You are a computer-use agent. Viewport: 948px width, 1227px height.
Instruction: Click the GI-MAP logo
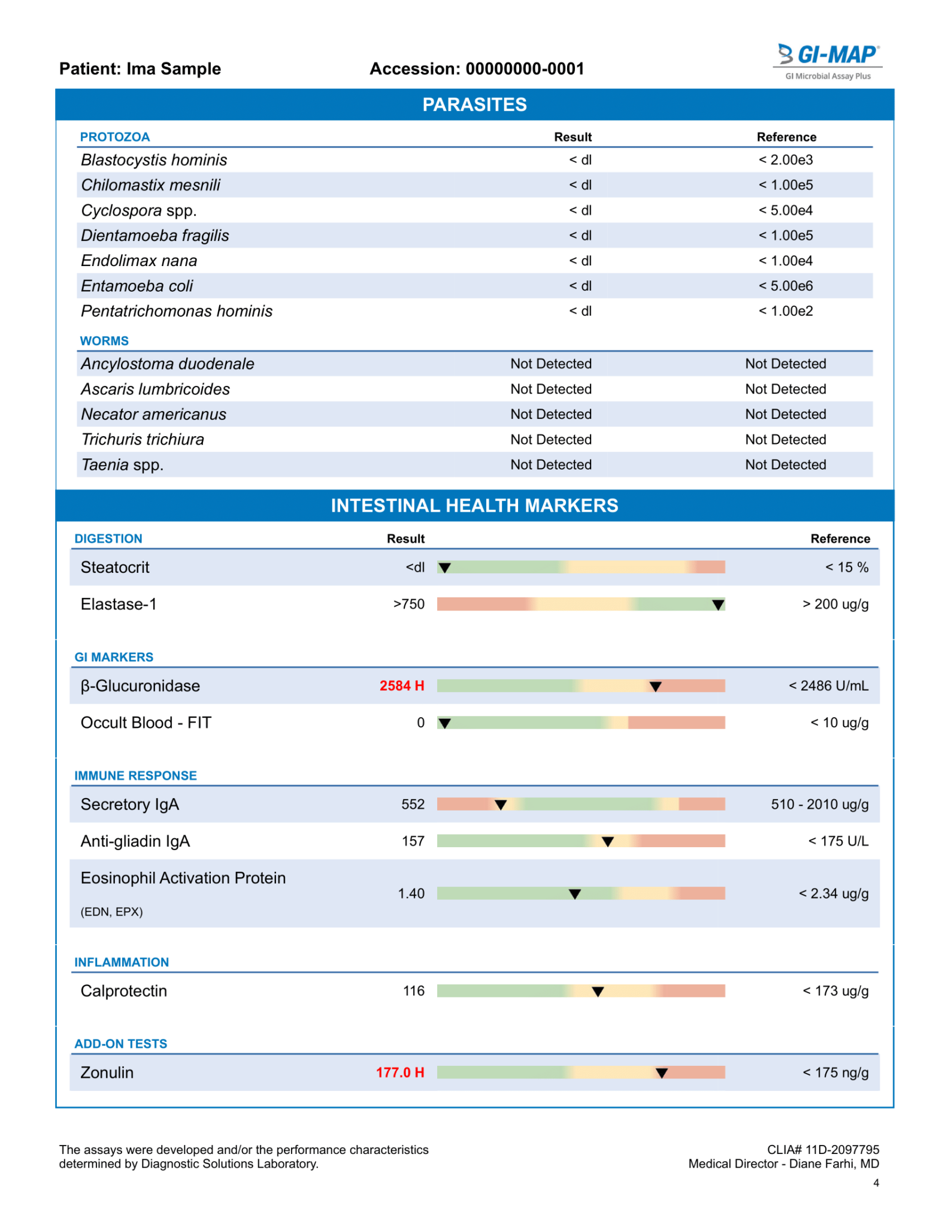pos(828,60)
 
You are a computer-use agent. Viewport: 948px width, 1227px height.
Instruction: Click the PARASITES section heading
pos(474,105)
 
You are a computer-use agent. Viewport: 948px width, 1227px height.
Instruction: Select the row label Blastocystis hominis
pos(154,160)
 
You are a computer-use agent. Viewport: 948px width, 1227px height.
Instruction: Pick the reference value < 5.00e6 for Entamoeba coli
pos(785,286)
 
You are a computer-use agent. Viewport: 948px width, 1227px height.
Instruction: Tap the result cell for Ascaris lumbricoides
pos(550,389)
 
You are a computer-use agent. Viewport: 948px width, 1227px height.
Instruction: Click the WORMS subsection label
pos(104,341)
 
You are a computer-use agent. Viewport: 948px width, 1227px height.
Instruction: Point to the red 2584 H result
pos(401,685)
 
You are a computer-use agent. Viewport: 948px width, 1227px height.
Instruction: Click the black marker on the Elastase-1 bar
pos(718,605)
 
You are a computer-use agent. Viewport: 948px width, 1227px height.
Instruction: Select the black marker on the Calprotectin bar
pos(597,992)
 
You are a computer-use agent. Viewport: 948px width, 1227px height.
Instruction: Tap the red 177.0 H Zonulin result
pos(399,1072)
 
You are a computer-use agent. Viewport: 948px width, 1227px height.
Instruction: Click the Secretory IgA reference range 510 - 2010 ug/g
pos(819,804)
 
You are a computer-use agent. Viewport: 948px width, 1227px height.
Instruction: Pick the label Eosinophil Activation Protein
pos(183,878)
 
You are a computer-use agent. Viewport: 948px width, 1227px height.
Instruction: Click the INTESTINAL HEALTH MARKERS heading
pos(474,506)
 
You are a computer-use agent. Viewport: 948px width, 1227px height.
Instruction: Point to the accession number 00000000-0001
pos(525,69)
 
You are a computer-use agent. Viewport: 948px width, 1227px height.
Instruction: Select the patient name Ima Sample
pos(173,69)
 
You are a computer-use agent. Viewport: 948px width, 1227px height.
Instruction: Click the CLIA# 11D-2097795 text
pos(823,1149)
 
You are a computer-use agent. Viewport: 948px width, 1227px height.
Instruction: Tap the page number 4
pos(876,1183)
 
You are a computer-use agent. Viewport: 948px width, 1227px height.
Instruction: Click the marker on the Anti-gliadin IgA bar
pos(607,842)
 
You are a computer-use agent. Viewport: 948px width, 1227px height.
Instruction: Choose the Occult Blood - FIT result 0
pos(420,723)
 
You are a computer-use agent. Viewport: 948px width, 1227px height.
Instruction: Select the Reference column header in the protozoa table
pos(786,137)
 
